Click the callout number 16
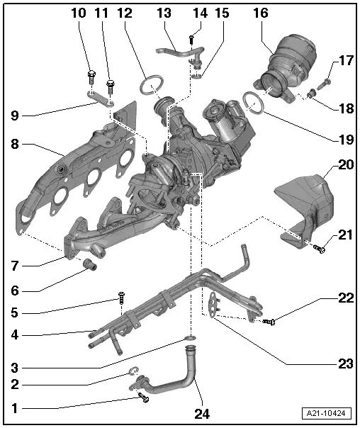click(261, 13)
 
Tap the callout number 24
click(202, 414)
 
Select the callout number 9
click(15, 116)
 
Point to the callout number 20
click(346, 164)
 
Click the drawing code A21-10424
click(327, 413)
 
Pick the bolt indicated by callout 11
click(111, 86)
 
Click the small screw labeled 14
click(191, 40)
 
